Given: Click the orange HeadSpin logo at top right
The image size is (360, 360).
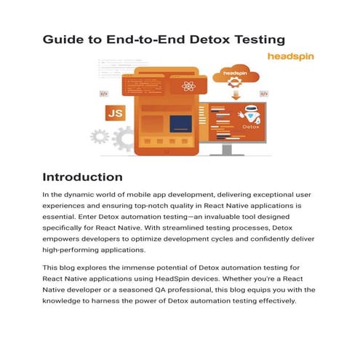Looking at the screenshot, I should coord(289,57).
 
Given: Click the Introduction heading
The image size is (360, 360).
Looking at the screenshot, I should coord(82,177).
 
